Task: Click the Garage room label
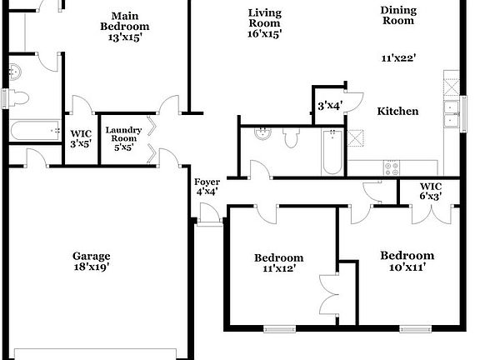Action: pos(91,256)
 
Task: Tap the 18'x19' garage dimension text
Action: pos(92,267)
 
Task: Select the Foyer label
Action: pos(207,182)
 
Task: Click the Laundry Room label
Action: pos(123,134)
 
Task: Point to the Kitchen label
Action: pos(397,111)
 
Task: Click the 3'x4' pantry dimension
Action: pos(330,106)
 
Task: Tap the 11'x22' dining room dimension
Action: pos(398,57)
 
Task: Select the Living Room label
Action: pos(265,18)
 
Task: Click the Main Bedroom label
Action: pos(125,21)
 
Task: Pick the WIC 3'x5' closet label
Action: pos(81,138)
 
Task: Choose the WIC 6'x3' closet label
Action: pos(431,191)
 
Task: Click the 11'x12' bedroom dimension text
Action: pos(279,268)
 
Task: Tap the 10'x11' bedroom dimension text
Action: pos(407,267)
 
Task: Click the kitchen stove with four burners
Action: pos(392,168)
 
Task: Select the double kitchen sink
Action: pos(451,113)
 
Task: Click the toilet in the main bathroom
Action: pos(19,98)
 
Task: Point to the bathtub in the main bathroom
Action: pos(35,131)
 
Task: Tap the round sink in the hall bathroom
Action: pos(262,133)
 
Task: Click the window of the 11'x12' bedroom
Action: pos(279,329)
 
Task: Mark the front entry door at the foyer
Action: pos(209,214)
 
